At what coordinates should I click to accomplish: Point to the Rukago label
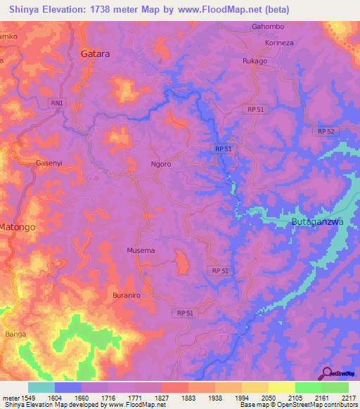[255, 60]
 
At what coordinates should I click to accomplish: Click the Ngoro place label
[161, 164]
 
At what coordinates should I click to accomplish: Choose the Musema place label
[141, 250]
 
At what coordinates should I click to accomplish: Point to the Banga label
[15, 334]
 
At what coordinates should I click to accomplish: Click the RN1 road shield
[57, 103]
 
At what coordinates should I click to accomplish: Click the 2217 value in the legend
[347, 398]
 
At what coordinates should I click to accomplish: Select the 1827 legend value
[162, 398]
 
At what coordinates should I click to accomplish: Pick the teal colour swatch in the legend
[41, 387]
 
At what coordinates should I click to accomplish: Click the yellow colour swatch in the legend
[282, 387]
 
